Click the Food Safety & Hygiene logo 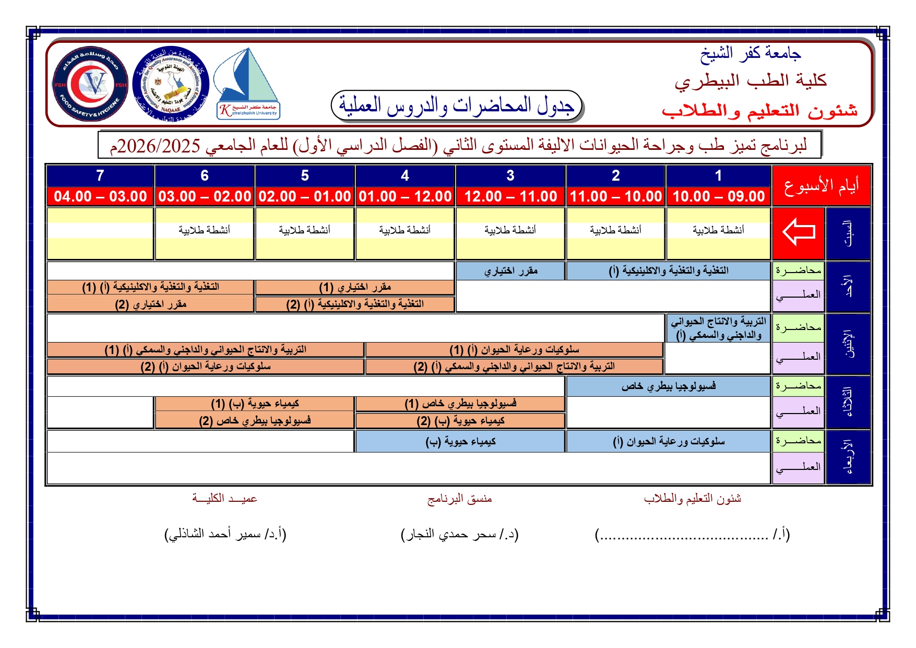90,84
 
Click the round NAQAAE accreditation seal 171,84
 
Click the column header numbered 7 100,175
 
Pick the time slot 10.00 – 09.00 719,196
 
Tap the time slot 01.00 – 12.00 405,196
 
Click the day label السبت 849,233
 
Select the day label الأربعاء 849,457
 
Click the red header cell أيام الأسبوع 821,186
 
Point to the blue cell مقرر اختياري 510,271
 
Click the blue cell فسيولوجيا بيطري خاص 669,386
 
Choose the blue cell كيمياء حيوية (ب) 460,442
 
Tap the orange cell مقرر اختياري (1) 355,287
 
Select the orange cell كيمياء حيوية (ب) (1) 255,404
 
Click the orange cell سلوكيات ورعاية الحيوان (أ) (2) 206,367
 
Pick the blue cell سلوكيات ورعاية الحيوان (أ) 669,442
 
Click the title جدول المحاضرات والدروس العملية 457,105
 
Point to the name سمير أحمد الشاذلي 225,534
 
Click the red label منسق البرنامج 459,499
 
